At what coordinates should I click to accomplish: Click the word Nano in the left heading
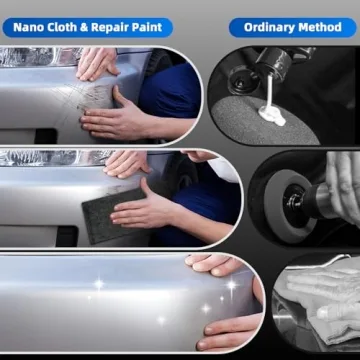point(33,26)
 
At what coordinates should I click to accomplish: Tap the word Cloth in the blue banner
point(70,26)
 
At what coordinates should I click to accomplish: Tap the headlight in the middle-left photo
point(40,157)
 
